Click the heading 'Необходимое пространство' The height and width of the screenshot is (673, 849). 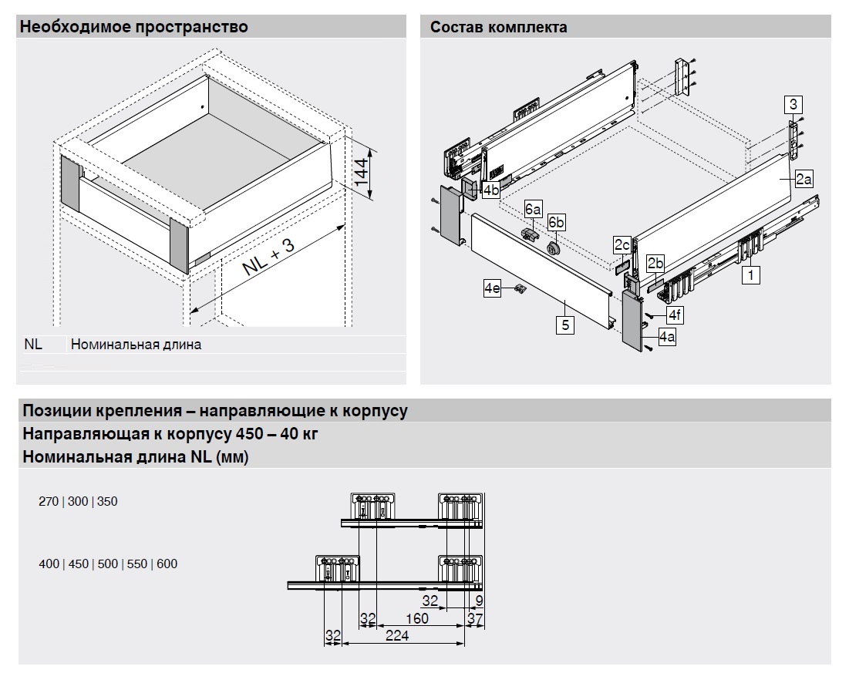click(134, 28)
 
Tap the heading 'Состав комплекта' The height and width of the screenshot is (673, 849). click(499, 28)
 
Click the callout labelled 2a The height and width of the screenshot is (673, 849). click(803, 179)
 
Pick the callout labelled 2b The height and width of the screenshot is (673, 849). click(655, 264)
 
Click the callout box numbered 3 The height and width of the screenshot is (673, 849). click(793, 103)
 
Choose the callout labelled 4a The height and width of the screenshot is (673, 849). click(667, 337)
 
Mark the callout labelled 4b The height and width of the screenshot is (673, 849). click(490, 189)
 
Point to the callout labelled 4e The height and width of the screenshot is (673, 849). click(493, 288)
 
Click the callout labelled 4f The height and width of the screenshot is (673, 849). click(675, 315)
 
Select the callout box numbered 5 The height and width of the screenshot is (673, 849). click(565, 325)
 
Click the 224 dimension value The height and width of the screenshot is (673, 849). click(398, 636)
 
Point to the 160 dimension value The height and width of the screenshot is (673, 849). click(416, 618)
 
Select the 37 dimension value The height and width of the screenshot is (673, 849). click(475, 618)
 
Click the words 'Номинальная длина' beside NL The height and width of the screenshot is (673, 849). click(136, 345)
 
